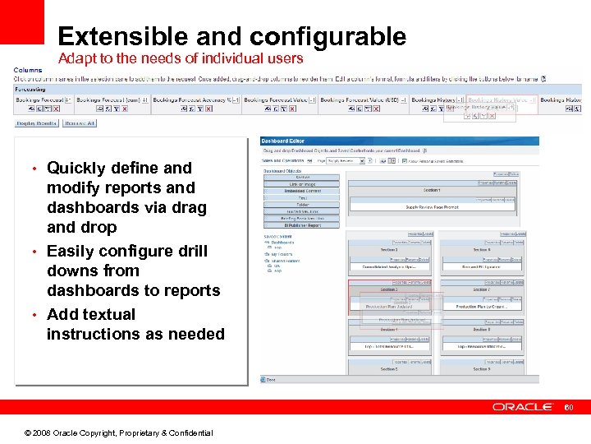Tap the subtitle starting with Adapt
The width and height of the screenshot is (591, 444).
pos(180,58)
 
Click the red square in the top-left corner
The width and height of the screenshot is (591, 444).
pos(21,21)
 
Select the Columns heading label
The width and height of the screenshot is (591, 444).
pos(28,70)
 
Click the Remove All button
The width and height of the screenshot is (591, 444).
pos(80,123)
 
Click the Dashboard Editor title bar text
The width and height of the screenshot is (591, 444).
pos(284,141)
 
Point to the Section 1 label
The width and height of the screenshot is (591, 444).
pos(431,190)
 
